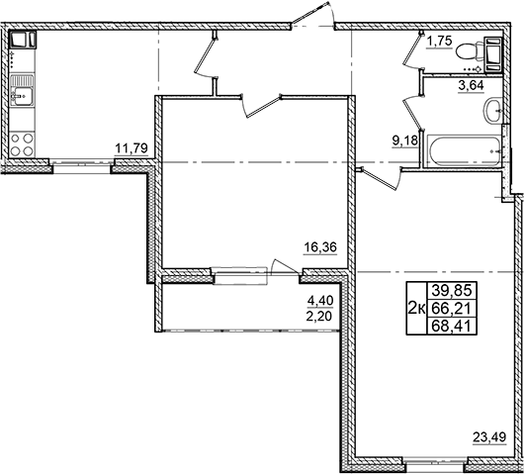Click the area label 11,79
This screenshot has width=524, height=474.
[x=131, y=149]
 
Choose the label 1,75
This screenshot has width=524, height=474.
[x=440, y=42]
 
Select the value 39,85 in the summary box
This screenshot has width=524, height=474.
[x=450, y=289]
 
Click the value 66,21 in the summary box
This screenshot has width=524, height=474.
[x=450, y=307]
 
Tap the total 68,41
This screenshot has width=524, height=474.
[x=450, y=326]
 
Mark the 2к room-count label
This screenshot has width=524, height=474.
[x=416, y=308]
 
